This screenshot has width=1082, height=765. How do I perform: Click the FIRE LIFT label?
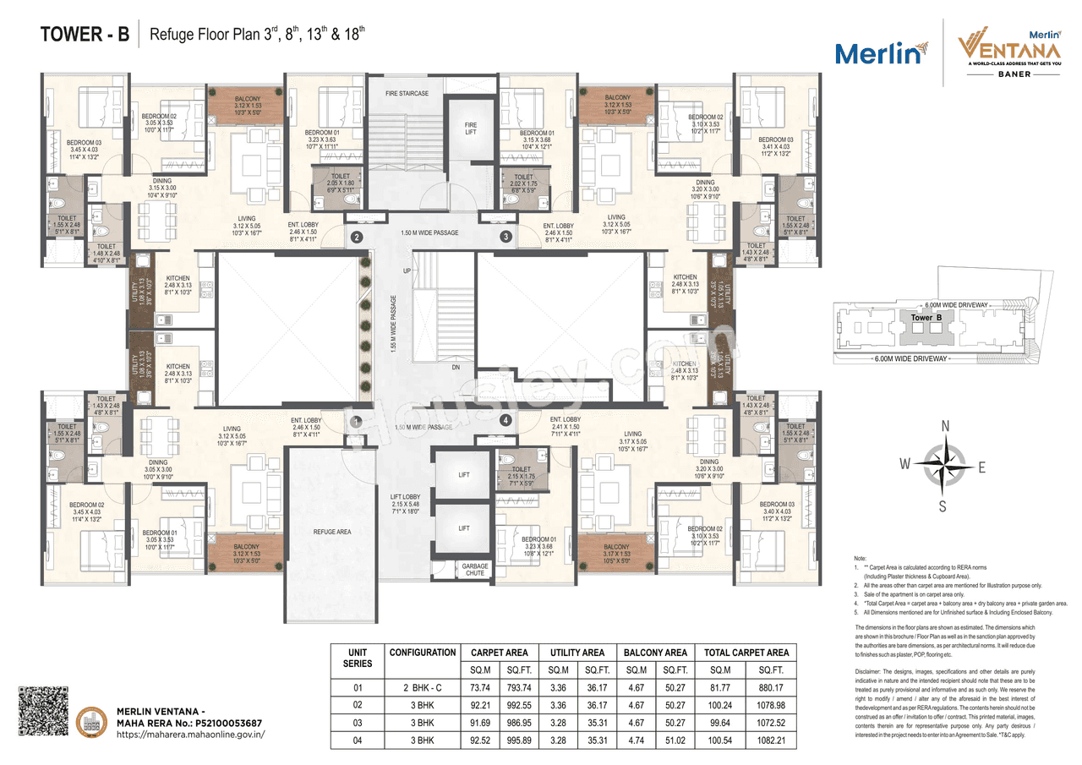click(471, 128)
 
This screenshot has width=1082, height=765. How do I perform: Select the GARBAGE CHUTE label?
click(475, 569)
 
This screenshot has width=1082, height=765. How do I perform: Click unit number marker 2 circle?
click(357, 238)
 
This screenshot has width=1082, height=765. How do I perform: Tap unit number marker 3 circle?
click(506, 238)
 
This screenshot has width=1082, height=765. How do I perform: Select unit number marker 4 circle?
click(505, 420)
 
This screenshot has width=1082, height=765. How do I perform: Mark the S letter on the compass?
click(943, 505)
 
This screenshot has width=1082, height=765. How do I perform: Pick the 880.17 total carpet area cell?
click(746, 688)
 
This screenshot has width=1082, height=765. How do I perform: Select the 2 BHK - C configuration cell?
click(423, 688)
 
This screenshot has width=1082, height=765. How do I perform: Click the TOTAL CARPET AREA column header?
click(746, 652)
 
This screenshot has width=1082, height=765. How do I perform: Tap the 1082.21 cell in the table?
click(746, 740)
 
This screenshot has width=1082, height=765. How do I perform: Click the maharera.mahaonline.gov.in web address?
click(190, 735)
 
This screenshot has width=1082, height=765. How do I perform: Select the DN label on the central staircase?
click(456, 368)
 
